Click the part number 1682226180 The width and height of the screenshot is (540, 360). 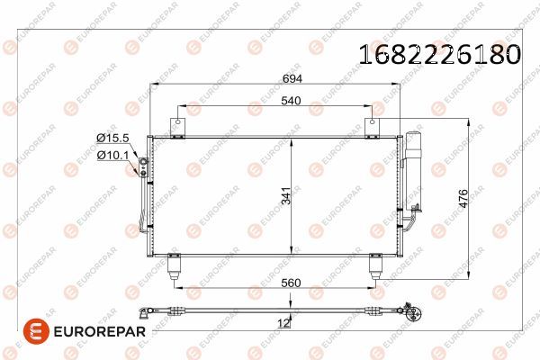pyautogui.click(x=440, y=54)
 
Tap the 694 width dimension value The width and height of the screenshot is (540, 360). pyautogui.click(x=292, y=79)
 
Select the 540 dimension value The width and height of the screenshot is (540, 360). pyautogui.click(x=291, y=101)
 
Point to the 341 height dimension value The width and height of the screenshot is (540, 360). pyautogui.click(x=286, y=195)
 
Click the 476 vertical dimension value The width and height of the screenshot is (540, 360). pyautogui.click(x=463, y=198)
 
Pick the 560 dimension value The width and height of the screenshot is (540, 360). pyautogui.click(x=291, y=283)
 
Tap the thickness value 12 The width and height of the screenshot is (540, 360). pyautogui.click(x=283, y=323)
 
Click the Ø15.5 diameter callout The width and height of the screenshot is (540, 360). pyautogui.click(x=112, y=138)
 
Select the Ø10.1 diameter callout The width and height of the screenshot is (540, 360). pyautogui.click(x=112, y=156)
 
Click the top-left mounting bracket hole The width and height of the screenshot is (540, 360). pyautogui.click(x=177, y=122)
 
